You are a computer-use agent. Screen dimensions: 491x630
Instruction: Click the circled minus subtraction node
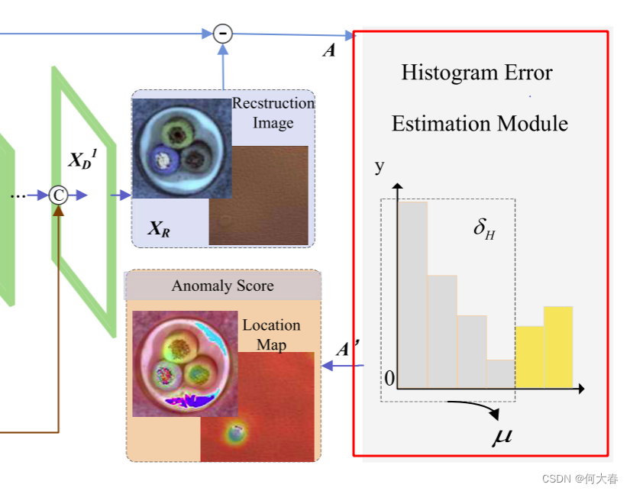point(222,33)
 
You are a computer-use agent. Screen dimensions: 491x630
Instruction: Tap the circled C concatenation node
point(58,195)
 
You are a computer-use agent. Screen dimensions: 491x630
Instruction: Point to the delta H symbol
point(483,228)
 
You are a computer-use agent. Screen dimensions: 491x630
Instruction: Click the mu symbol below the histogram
point(502,438)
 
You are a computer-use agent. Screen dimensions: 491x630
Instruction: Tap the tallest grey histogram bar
point(412,294)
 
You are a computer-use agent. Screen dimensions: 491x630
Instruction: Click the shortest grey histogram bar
point(500,373)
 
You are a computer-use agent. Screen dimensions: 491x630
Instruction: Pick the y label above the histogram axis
point(380,166)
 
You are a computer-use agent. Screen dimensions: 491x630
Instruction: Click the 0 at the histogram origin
point(389,379)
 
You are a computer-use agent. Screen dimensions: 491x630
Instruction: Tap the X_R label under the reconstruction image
point(159,228)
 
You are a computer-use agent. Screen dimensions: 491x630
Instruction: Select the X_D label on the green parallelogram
point(81,160)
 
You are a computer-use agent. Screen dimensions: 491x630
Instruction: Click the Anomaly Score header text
point(222,286)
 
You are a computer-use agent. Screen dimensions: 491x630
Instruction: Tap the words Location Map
point(271,334)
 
